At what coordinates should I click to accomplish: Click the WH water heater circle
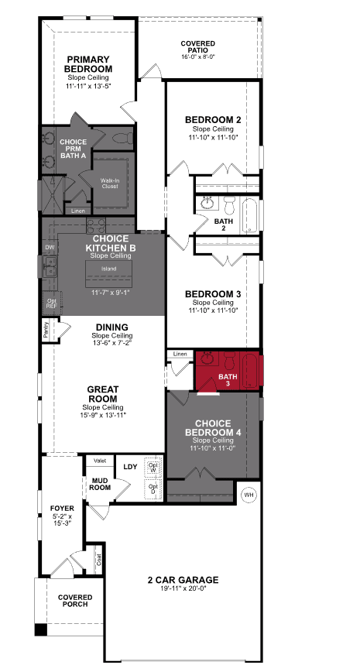pyautogui.click(x=249, y=495)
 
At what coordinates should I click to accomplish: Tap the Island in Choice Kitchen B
pyautogui.click(x=108, y=274)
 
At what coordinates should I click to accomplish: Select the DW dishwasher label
pyautogui.click(x=50, y=247)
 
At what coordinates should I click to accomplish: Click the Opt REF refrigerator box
pyautogui.click(x=52, y=303)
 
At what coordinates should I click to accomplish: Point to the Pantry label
pyautogui.click(x=46, y=330)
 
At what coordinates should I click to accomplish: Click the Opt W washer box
pyautogui.click(x=153, y=468)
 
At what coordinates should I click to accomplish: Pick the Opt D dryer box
pyautogui.click(x=153, y=489)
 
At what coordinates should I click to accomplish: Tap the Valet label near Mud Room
pyautogui.click(x=100, y=461)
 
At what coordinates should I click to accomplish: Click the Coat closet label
pyautogui.click(x=99, y=560)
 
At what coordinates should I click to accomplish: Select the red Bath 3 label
pyautogui.click(x=228, y=380)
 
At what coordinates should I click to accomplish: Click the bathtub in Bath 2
pyautogui.click(x=250, y=215)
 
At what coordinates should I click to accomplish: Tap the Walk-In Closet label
pyautogui.click(x=109, y=183)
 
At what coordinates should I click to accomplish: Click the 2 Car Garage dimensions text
pyautogui.click(x=183, y=588)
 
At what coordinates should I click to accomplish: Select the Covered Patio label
pyautogui.click(x=197, y=46)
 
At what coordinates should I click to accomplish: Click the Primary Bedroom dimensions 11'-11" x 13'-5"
pyautogui.click(x=88, y=85)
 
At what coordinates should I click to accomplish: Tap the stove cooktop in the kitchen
pyautogui.click(x=96, y=224)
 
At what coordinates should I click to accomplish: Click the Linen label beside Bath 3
pyautogui.click(x=180, y=354)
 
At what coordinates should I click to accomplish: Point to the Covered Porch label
pyautogui.click(x=75, y=601)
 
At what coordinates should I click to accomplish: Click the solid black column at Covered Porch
pyautogui.click(x=40, y=629)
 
